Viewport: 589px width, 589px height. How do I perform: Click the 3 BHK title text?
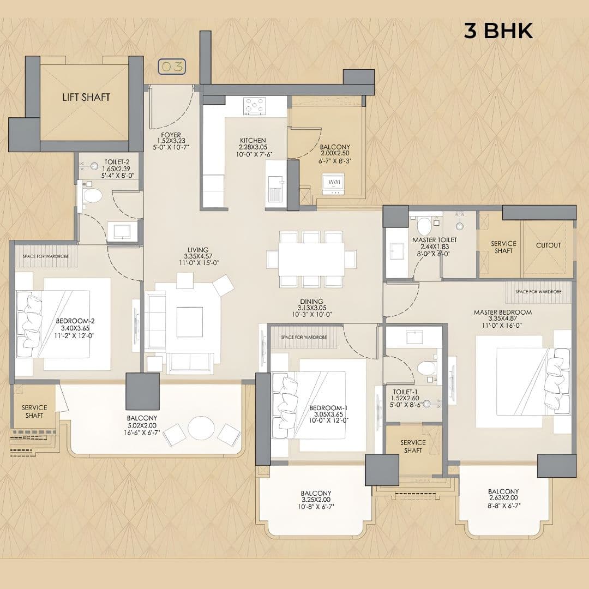pyautogui.click(x=498, y=31)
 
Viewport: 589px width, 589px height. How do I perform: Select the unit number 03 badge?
pyautogui.click(x=172, y=67)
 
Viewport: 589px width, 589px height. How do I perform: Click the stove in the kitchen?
pyautogui.click(x=254, y=106)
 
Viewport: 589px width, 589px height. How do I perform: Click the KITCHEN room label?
pyautogui.click(x=253, y=141)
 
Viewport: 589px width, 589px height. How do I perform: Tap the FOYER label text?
pyautogui.click(x=171, y=135)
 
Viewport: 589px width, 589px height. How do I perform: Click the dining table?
pyautogui.click(x=311, y=259)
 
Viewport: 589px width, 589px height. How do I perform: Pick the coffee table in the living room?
pyautogui.click(x=189, y=318)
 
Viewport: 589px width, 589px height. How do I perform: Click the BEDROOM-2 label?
pyautogui.click(x=75, y=321)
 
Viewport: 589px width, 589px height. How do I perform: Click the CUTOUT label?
pyautogui.click(x=548, y=245)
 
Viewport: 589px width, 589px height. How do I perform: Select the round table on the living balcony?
pyautogui.click(x=201, y=429)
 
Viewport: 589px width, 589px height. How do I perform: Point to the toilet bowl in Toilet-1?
pyautogui.click(x=426, y=368)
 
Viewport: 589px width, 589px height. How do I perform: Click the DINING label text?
pyautogui.click(x=311, y=302)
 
